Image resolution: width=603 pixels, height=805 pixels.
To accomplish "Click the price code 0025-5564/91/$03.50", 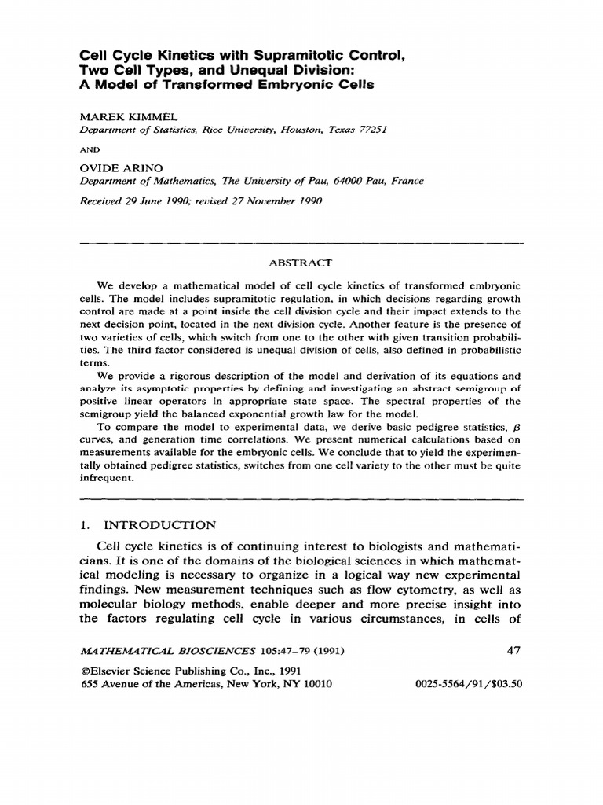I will [x=469, y=684].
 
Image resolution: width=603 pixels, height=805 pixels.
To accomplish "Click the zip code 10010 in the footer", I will [x=316, y=684].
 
